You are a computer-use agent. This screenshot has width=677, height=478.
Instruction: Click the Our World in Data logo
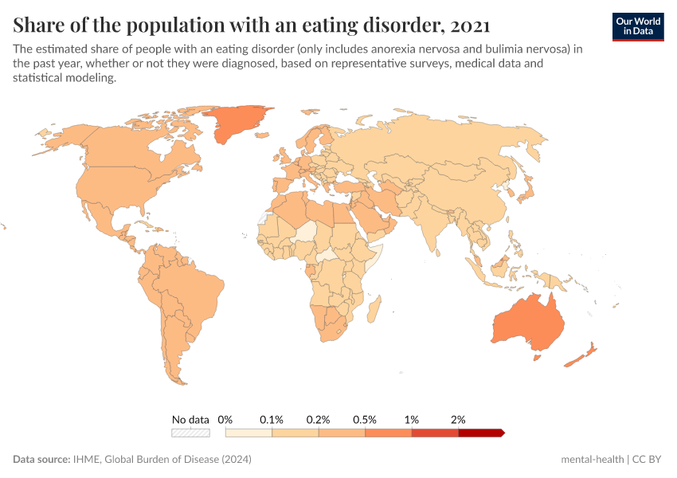[638, 26]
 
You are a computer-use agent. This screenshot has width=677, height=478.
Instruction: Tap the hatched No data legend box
[190, 433]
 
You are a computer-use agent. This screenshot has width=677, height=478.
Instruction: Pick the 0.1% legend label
[272, 419]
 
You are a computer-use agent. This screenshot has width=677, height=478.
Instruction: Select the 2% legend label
[458, 419]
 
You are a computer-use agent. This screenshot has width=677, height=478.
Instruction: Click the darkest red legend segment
[480, 433]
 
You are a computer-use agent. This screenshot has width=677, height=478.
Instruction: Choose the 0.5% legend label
[365, 419]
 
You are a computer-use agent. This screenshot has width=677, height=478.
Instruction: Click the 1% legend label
[412, 419]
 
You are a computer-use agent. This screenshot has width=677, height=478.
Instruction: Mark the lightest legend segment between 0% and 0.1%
[248, 433]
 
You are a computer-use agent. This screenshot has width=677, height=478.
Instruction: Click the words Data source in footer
[41, 460]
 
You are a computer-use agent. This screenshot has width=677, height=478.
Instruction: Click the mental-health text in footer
[592, 460]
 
